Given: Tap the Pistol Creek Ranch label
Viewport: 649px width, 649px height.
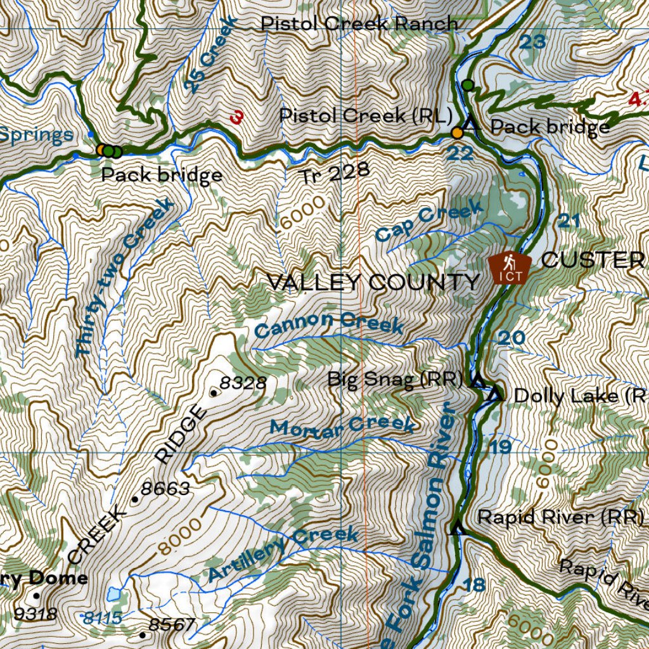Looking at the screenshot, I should [x=359, y=24].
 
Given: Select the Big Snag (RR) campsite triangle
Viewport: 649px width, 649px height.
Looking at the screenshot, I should [x=478, y=380].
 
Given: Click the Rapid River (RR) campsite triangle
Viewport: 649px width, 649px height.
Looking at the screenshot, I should [x=456, y=527].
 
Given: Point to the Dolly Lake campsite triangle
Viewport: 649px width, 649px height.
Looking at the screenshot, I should [x=496, y=394].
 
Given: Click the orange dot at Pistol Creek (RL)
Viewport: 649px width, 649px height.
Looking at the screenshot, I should [x=456, y=132].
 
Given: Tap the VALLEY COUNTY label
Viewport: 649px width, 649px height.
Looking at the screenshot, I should [x=373, y=282].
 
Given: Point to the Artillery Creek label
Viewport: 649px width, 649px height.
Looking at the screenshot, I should [x=283, y=553].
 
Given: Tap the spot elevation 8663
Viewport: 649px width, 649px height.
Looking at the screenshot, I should [x=165, y=489].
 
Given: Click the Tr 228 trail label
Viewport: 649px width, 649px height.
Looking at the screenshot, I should [x=335, y=172].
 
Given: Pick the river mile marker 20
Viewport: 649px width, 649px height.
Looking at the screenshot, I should [x=511, y=338].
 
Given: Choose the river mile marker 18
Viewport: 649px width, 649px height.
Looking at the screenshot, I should [x=473, y=584].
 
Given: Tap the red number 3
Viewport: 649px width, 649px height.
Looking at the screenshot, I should [x=237, y=117].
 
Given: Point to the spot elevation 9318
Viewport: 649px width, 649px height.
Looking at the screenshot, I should [x=35, y=614].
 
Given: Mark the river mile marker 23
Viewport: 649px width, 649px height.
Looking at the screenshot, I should [x=532, y=42].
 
